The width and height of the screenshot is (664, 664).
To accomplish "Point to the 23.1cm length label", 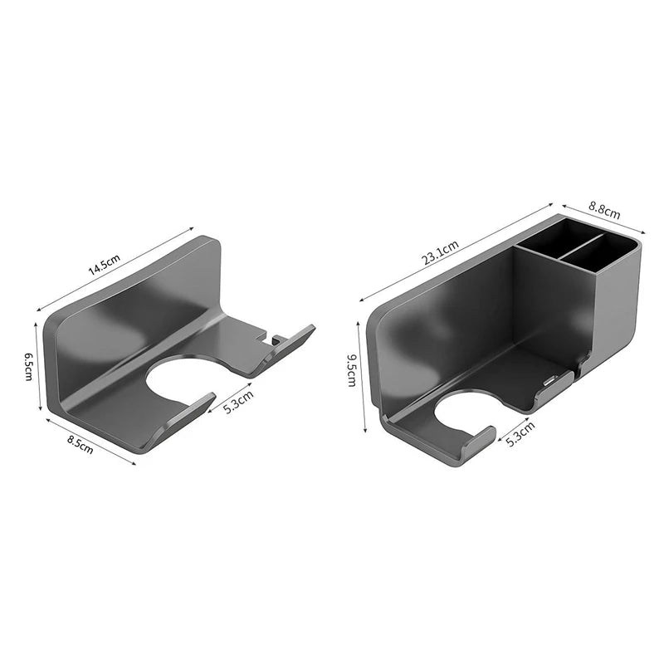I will pos(440,251).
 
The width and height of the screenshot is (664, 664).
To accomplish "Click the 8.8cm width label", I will pos(604,213).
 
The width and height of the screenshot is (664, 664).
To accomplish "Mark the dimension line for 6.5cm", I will pos(38,365).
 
